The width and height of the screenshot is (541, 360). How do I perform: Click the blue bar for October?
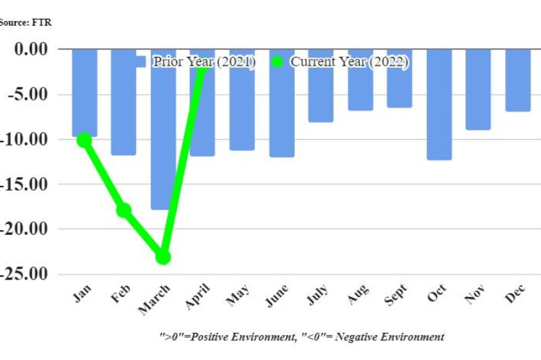pyautogui.click(x=439, y=104)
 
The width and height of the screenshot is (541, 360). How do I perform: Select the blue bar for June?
pyautogui.click(x=281, y=103)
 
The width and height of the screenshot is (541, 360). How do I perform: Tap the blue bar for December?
pyautogui.click(x=518, y=80)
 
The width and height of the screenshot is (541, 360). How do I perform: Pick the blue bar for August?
pyautogui.click(x=360, y=79)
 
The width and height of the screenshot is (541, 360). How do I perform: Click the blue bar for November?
pyautogui.click(x=478, y=89)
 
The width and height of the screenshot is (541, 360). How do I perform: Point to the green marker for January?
pyautogui.click(x=84, y=140)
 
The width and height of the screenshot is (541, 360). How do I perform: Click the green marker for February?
pyautogui.click(x=124, y=210)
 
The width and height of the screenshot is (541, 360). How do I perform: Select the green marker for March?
pyautogui.click(x=163, y=257)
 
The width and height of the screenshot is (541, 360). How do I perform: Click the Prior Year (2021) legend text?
pyautogui.click(x=203, y=62)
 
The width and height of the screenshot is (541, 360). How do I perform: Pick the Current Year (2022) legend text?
pyautogui.click(x=350, y=62)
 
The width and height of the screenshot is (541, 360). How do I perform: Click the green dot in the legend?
pyautogui.click(x=277, y=62)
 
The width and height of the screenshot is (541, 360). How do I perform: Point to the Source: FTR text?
pyautogui.click(x=26, y=22)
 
